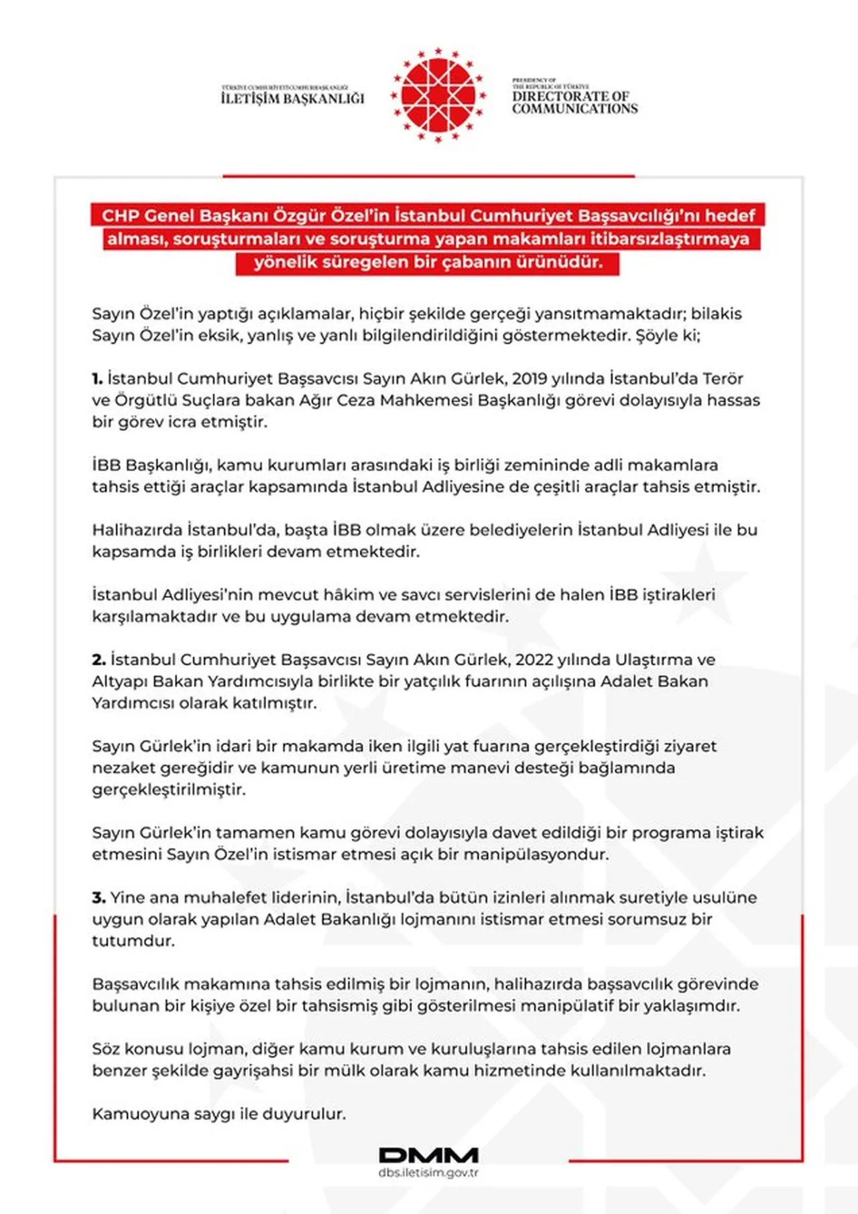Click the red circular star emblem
pyautogui.click(x=438, y=95)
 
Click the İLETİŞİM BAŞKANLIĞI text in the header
pyautogui.click(x=292, y=98)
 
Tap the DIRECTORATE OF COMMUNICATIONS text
pyautogui.click(x=574, y=102)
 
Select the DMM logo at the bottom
pyautogui.click(x=428, y=1155)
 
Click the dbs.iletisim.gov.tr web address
pyautogui.click(x=428, y=1172)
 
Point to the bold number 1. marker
pyautogui.click(x=97, y=379)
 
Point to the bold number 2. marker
pyautogui.click(x=99, y=660)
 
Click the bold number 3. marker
pyautogui.click(x=99, y=898)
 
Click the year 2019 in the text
pyautogui.click(x=530, y=379)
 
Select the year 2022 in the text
pyautogui.click(x=534, y=660)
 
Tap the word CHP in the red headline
pyautogui.click(x=119, y=216)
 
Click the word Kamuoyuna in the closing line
pyautogui.click(x=131, y=1114)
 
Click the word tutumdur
pyautogui.click(x=133, y=941)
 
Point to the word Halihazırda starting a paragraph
pyautogui.click(x=136, y=530)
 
